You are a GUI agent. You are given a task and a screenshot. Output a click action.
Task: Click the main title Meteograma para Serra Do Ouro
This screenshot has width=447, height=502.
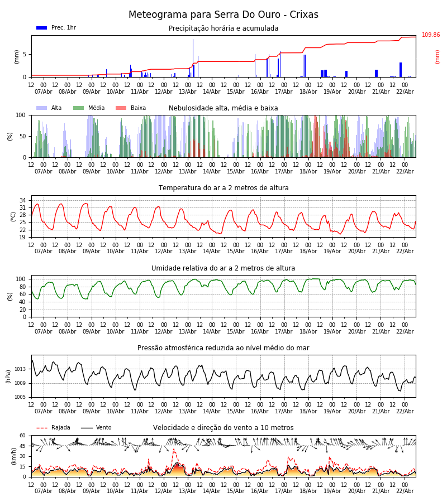click(223, 15)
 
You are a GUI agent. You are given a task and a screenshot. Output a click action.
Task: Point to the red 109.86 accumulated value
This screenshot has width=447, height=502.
click(431, 35)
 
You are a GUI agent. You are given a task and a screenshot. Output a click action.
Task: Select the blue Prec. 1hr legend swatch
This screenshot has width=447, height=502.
click(41, 28)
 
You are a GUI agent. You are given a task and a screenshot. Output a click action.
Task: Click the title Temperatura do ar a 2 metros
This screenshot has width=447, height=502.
click(223, 188)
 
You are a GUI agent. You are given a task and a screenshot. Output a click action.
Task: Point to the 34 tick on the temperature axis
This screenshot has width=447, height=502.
click(23, 200)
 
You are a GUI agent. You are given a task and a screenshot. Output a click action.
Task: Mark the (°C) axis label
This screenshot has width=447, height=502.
click(14, 216)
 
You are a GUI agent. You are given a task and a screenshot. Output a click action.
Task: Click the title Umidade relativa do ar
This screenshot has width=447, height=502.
click(223, 268)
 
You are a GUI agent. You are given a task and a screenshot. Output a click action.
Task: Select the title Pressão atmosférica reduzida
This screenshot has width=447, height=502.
click(223, 348)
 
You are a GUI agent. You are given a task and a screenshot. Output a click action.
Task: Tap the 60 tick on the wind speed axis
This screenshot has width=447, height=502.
click(23, 436)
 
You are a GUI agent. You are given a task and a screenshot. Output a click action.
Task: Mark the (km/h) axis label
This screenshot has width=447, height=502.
click(14, 456)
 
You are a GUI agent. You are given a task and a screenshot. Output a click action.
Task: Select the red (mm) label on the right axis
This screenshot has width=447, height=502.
click(438, 56)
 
